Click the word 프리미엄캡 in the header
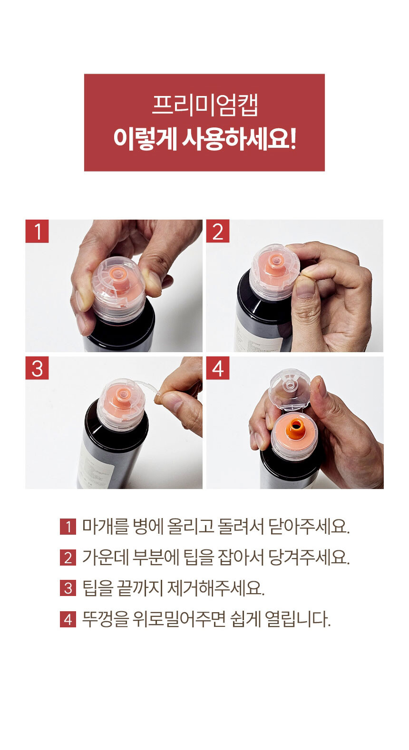204,106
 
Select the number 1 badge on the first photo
37,231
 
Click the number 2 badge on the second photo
218,231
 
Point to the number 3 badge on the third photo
37,368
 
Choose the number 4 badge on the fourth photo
218,368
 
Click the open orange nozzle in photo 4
294,429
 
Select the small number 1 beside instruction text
68,527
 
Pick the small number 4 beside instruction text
68,619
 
